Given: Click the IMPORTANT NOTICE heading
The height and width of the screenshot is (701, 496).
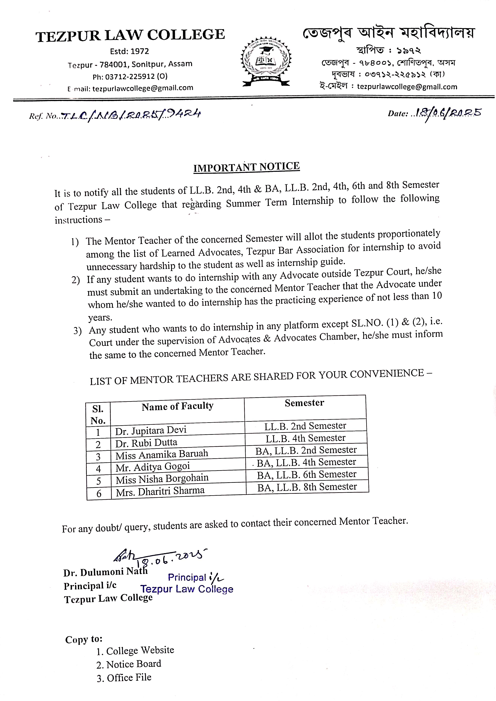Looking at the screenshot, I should click(246, 167).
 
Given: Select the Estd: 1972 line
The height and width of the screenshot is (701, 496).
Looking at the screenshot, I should click(129, 51).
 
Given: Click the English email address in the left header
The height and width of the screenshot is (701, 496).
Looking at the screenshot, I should click(142, 88).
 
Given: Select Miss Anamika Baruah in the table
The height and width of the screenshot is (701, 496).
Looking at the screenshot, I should click(162, 455).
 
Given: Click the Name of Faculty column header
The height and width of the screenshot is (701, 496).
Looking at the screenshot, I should click(177, 406).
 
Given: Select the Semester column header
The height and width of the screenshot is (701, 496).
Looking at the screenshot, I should click(304, 403).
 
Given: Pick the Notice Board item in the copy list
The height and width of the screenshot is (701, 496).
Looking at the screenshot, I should click(134, 664).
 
